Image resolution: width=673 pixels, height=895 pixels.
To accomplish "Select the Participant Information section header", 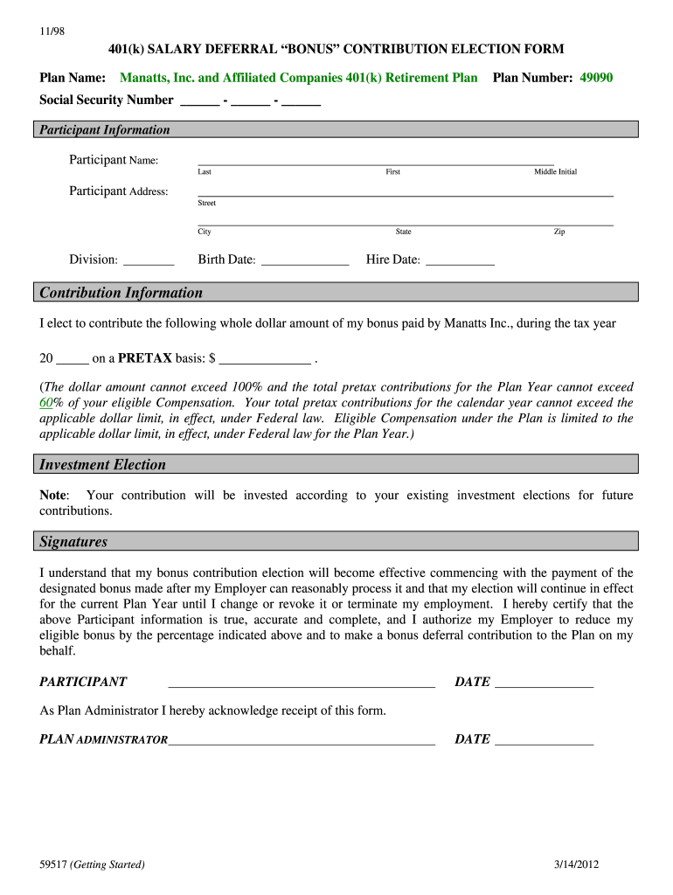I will coord(104,130).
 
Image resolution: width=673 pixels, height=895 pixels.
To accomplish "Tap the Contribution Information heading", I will coord(121,293).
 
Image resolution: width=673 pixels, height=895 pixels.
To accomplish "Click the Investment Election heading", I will coord(102,465).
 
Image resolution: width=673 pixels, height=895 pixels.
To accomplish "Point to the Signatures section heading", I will coord(73,542).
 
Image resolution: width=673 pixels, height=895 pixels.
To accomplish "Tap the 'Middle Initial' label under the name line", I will coord(555,172).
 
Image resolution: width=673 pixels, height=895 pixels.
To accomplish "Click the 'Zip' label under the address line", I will coord(559,232).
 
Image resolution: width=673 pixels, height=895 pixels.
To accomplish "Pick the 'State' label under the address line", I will coord(403,232).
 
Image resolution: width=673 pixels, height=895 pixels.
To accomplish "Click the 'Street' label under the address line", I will coord(207,203).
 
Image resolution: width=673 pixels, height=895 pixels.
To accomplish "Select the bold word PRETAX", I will coord(145,358).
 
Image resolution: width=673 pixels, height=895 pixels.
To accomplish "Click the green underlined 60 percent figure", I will coord(47,403).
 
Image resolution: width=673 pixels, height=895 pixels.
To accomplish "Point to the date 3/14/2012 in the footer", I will coord(576,865).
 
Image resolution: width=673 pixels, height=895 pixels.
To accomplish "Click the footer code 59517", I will coord(53,865).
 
